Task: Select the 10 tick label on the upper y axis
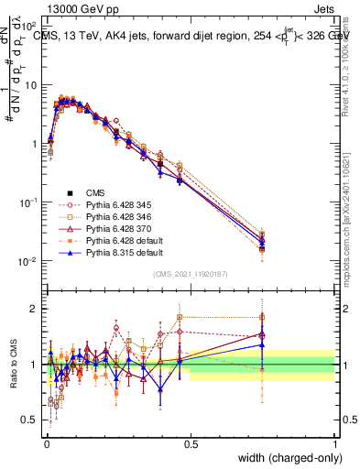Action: pos(30,84)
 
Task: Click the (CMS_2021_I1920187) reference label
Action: pos(190,274)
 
